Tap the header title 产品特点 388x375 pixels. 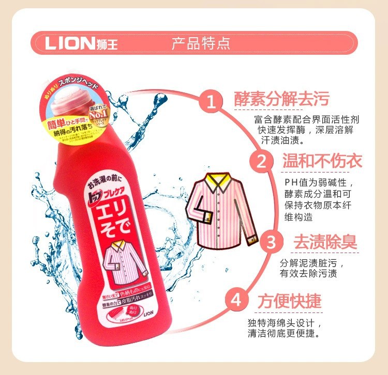201,43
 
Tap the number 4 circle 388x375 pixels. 236,300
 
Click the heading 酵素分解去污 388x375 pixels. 281,98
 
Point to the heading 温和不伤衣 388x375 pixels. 322,160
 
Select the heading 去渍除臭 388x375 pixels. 325,241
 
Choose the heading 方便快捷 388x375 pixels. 289,300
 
